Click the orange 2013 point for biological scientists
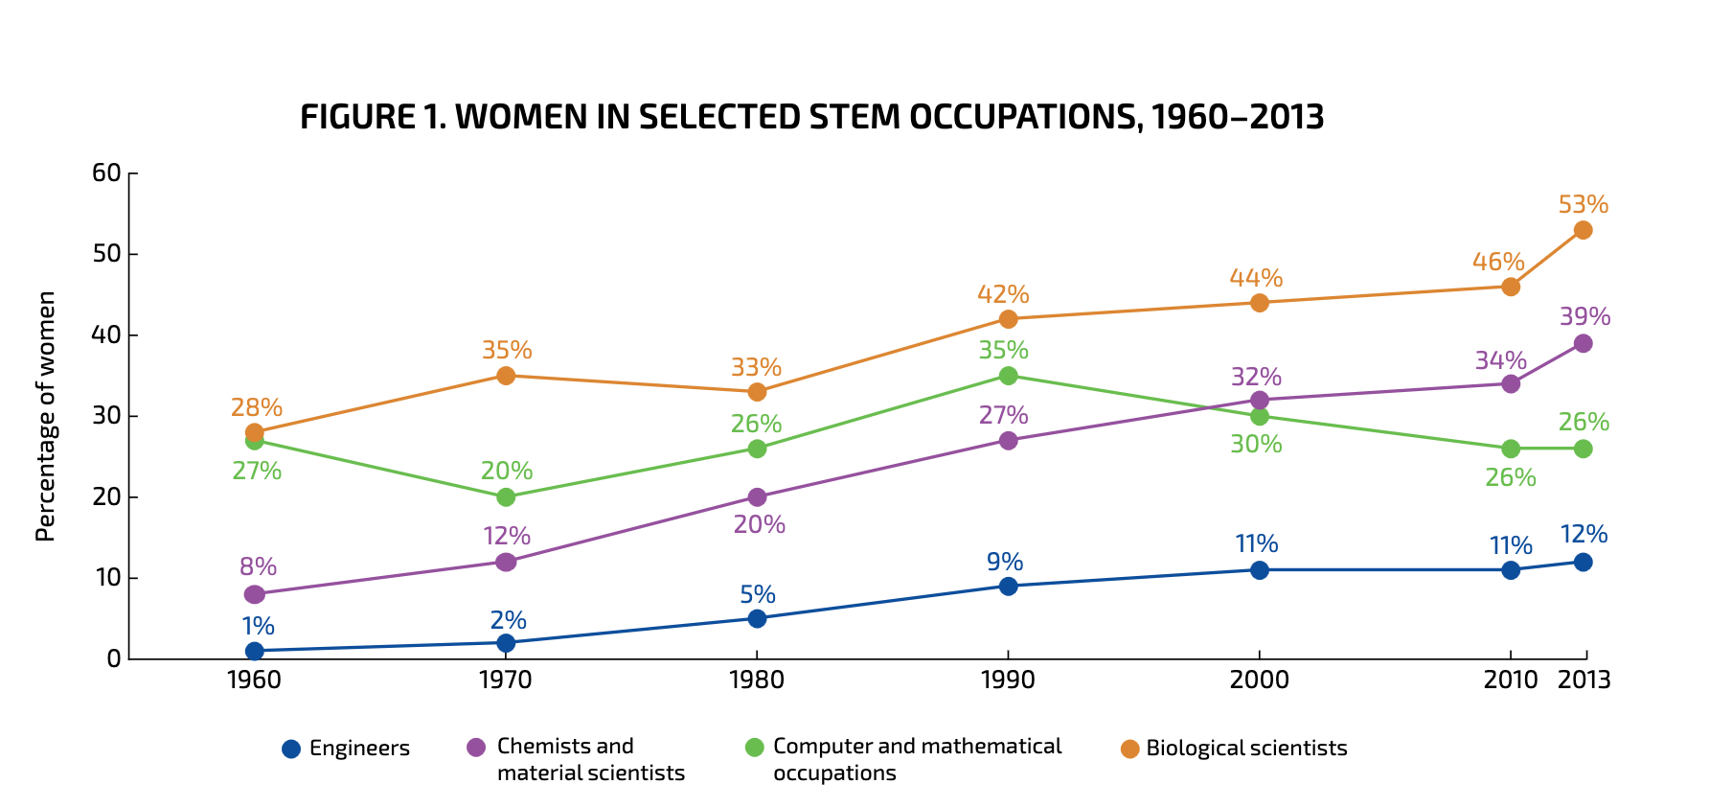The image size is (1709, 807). pos(1583,230)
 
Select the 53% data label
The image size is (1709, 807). pos(1583,204)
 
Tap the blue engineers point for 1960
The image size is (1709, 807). pos(254,651)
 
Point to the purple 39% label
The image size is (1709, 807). pos(1584,316)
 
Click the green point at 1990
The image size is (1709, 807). pos(1008,376)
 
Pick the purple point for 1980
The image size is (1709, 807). pos(757,497)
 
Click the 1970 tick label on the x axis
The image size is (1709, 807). pos(505,680)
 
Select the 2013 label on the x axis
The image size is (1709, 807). pos(1584,680)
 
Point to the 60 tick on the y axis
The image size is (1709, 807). pos(106,173)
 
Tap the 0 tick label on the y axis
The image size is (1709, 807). pos(114,659)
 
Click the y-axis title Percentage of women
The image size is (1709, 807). pos(46,416)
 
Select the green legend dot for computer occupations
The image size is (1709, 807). pos(755,748)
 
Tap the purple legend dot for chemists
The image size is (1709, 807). pos(476,748)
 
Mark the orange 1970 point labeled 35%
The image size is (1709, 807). pos(505,376)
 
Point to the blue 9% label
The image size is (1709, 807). pos(1006,562)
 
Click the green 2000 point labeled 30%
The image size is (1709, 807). pos(1260,416)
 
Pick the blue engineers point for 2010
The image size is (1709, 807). pos(1511,570)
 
